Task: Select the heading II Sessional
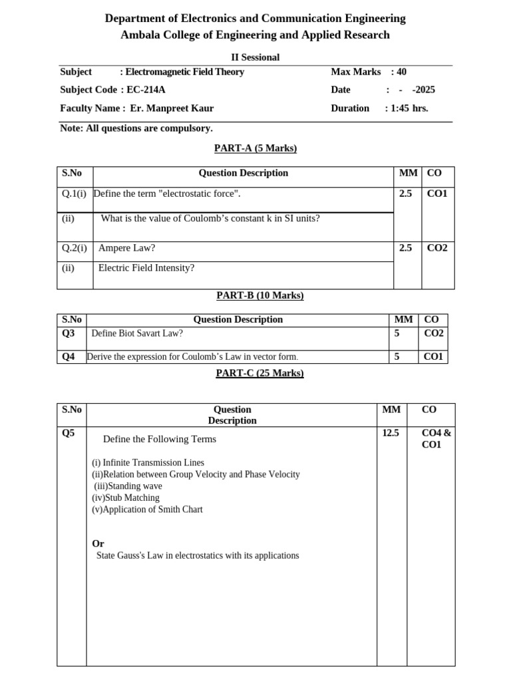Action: pyautogui.click(x=255, y=57)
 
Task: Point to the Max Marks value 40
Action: pyautogui.click(x=401, y=72)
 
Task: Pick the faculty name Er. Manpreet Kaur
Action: pyautogui.click(x=172, y=108)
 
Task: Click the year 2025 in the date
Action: pyautogui.click(x=424, y=90)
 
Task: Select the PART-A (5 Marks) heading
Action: pyautogui.click(x=255, y=148)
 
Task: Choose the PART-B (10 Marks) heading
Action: pyautogui.click(x=260, y=295)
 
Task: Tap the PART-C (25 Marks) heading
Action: pyautogui.click(x=259, y=373)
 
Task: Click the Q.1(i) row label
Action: pyautogui.click(x=75, y=194)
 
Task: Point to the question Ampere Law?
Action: pyautogui.click(x=126, y=248)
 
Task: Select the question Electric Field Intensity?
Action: pyautogui.click(x=146, y=268)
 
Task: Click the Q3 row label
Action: pyautogui.click(x=69, y=333)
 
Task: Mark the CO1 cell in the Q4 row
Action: pyautogui.click(x=433, y=357)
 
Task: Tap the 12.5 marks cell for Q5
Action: pyautogui.click(x=391, y=433)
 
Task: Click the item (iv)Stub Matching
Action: pyautogui.click(x=126, y=497)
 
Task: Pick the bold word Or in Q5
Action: pyautogui.click(x=98, y=543)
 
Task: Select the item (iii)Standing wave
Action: pyautogui.click(x=128, y=486)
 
